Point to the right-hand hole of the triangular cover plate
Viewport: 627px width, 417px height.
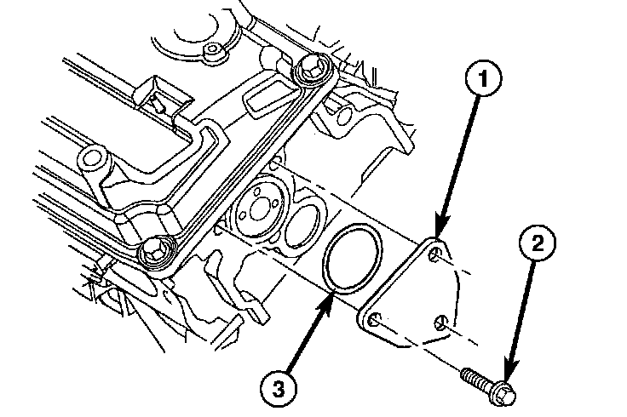(x=439, y=323)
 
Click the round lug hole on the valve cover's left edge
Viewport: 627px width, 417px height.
(x=91, y=159)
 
